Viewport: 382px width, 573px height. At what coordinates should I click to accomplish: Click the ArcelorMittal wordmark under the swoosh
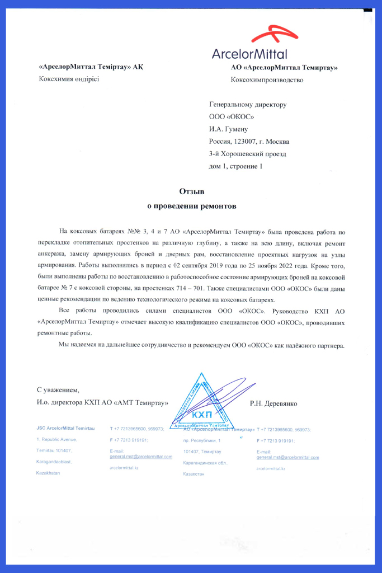point(249,54)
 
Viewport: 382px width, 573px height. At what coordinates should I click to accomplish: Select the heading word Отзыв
point(191,191)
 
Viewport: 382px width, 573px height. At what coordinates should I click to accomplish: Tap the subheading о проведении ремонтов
point(191,206)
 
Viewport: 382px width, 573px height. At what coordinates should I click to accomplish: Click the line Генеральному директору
point(247,105)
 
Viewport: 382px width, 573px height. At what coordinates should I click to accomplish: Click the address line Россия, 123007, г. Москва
point(249,142)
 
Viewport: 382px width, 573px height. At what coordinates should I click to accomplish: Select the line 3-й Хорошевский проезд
point(247,154)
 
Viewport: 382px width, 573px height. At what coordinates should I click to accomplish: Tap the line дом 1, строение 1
point(235,166)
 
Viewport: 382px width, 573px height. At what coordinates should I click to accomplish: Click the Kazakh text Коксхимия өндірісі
point(68,79)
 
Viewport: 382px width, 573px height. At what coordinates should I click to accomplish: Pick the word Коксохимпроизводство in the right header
point(267,80)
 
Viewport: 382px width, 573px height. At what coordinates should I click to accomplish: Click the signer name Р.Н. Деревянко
point(273,403)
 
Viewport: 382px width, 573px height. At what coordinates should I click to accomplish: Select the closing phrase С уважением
point(58,389)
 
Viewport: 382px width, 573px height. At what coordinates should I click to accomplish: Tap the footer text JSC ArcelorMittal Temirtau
point(65,428)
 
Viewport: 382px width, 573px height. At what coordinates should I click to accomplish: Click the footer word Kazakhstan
point(48,473)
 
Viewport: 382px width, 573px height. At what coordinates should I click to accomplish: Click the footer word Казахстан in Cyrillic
point(194,474)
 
